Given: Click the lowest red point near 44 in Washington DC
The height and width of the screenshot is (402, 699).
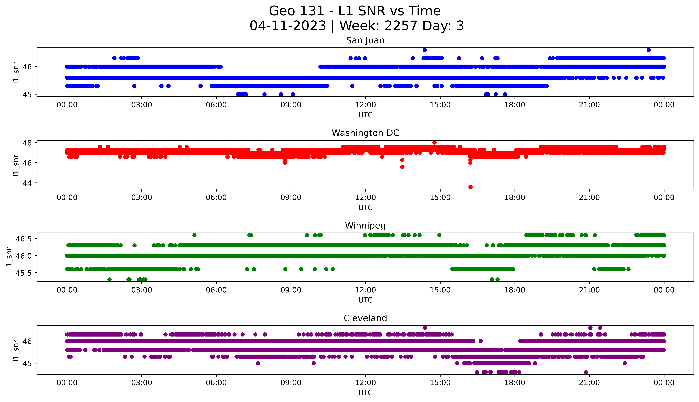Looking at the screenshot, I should pyautogui.click(x=470, y=187).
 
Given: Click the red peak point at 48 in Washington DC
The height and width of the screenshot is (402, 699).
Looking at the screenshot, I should pyautogui.click(x=434, y=142).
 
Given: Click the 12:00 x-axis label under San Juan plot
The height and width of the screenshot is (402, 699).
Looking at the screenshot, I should pyautogui.click(x=365, y=105).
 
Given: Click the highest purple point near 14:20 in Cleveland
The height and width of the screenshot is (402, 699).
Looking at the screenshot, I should pyautogui.click(x=425, y=328).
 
